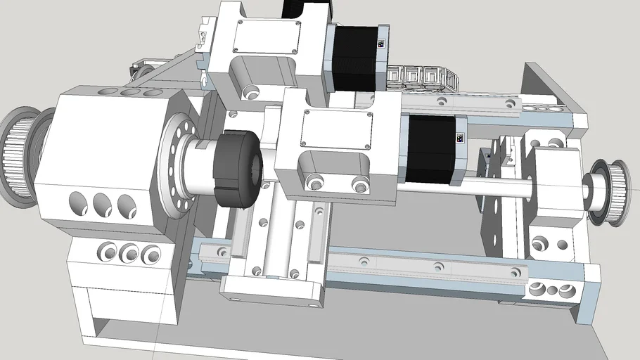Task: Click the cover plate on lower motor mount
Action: [335, 129]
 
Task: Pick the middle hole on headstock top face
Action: [129, 92]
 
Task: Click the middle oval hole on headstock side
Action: [103, 204]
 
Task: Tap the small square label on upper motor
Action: [381, 44]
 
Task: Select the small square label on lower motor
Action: [460, 138]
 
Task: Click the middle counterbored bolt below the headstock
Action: [129, 252]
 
